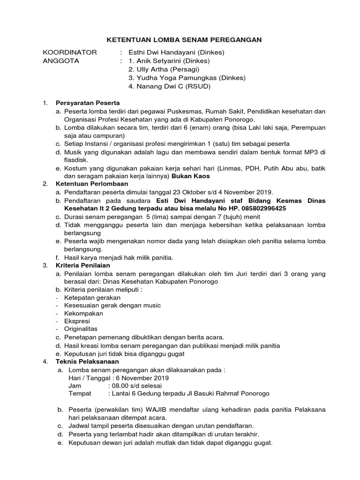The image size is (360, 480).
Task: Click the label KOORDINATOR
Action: click(x=70, y=52)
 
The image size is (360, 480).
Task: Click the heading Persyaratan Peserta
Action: click(x=88, y=103)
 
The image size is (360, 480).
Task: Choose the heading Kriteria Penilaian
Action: click(x=84, y=265)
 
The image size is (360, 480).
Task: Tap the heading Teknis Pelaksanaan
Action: click(x=87, y=361)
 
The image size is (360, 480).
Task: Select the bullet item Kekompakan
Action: click(x=83, y=313)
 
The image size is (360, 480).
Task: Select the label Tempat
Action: click(x=80, y=394)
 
